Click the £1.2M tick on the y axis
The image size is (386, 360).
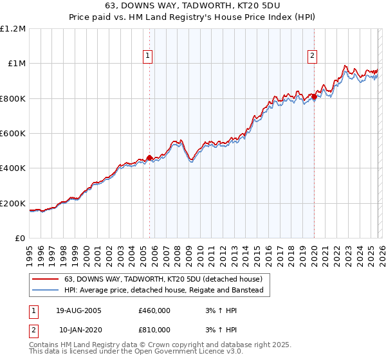click(x=14, y=29)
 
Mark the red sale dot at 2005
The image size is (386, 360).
click(x=150, y=157)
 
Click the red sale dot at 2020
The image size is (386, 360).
click(x=314, y=97)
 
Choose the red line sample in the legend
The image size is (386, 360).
click(x=45, y=280)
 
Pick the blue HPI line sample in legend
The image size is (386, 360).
click(x=45, y=291)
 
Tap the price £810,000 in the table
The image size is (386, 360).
click(x=154, y=330)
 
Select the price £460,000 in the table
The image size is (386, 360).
click(x=154, y=310)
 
